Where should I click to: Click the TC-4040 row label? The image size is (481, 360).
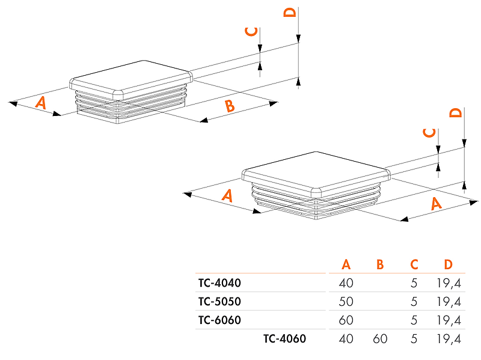pyautogui.click(x=219, y=282)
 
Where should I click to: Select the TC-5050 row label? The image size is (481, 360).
pyautogui.click(x=219, y=301)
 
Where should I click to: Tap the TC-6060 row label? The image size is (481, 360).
pyautogui.click(x=219, y=320)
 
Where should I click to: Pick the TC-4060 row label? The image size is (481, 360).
pyautogui.click(x=284, y=339)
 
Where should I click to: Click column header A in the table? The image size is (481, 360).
pyautogui.click(x=346, y=264)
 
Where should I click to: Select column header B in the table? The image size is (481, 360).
pyautogui.click(x=379, y=264)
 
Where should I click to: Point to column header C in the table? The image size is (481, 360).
pyautogui.click(x=414, y=264)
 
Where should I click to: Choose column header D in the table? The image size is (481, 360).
pyautogui.click(x=448, y=264)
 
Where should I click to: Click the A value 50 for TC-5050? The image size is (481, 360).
pyautogui.click(x=346, y=301)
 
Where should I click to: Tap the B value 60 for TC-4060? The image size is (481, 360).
pyautogui.click(x=380, y=339)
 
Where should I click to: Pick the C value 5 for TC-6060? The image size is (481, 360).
pyautogui.click(x=414, y=320)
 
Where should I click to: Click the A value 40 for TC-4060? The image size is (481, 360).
pyautogui.click(x=346, y=339)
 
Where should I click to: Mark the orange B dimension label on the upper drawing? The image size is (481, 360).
pyautogui.click(x=229, y=107)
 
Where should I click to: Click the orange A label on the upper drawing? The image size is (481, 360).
pyautogui.click(x=40, y=102)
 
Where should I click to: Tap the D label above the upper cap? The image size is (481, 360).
pyautogui.click(x=290, y=13)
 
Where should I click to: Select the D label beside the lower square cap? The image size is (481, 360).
pyautogui.click(x=456, y=113)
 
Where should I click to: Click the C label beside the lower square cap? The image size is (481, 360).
pyautogui.click(x=429, y=132)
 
